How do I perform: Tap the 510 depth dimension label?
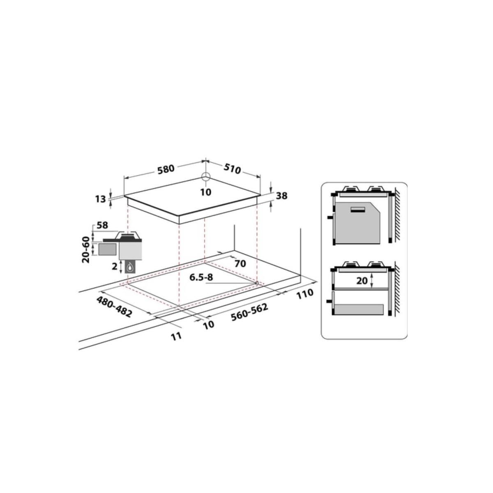click(232, 168)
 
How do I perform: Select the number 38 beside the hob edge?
click(281, 196)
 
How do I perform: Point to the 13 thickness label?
click(101, 199)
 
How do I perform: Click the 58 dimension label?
click(102, 225)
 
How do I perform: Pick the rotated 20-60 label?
click(86, 249)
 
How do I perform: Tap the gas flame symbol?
click(131, 267)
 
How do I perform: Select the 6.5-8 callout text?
click(201, 277)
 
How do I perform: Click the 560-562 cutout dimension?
click(250, 313)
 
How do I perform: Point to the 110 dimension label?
click(304, 295)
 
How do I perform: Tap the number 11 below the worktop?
click(176, 336)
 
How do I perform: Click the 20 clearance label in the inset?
click(362, 281)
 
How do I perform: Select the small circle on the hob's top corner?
click(206, 177)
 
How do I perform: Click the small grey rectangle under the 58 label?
click(107, 249)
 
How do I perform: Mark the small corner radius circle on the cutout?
click(256, 283)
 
